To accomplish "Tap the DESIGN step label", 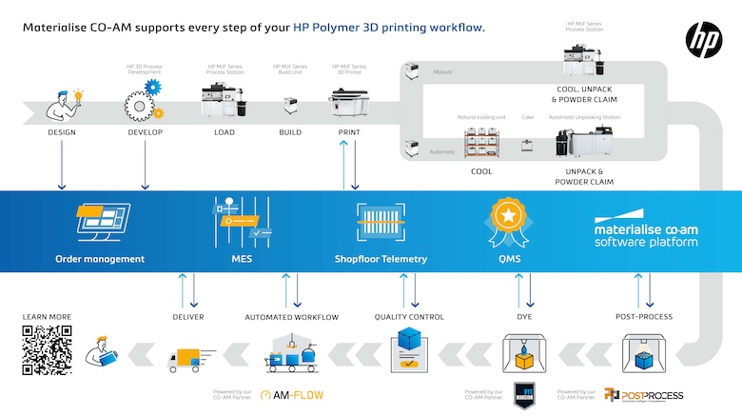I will click(62, 132).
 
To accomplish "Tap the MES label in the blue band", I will click(241, 258).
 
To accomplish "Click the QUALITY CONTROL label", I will click(410, 317).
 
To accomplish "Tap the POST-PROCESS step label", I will click(644, 317).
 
